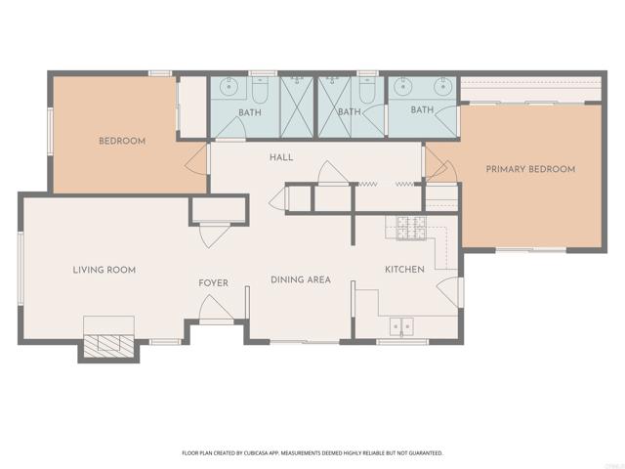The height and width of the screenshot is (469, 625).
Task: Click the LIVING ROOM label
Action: (104, 270)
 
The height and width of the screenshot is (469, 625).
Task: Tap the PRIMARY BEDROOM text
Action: (530, 169)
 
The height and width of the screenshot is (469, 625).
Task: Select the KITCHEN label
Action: (403, 270)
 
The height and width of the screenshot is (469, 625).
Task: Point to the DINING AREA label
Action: (300, 279)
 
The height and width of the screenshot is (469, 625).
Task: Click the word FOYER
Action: (213, 283)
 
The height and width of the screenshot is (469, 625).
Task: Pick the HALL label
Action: (281, 157)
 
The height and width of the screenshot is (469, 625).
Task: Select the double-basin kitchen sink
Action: (400, 326)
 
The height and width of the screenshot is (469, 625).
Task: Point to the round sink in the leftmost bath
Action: (230, 87)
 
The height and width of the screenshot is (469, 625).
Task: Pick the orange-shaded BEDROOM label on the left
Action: (122, 141)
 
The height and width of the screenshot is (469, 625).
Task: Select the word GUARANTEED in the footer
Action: (422, 453)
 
